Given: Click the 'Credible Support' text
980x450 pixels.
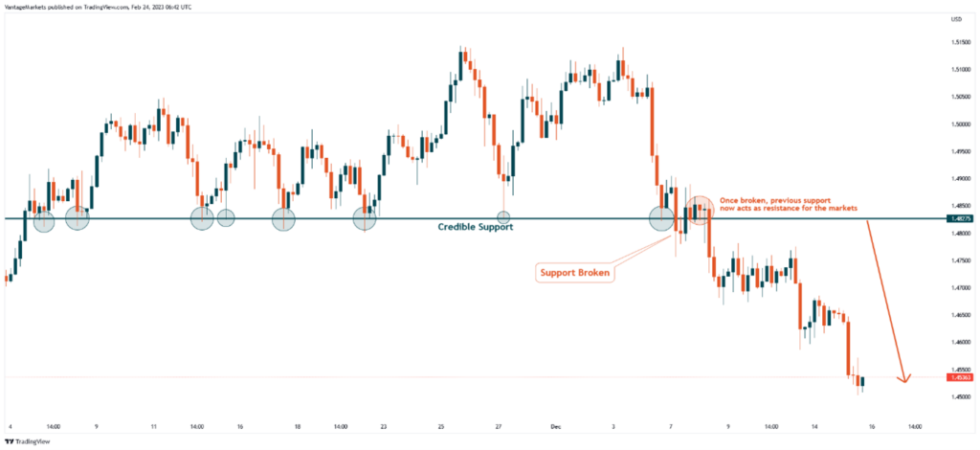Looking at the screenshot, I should tap(476, 227).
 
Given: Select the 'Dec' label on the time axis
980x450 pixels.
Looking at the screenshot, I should tap(556, 426).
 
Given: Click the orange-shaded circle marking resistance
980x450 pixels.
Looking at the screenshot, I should tap(700, 210).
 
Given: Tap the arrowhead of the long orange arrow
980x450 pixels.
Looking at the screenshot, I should tap(903, 379).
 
